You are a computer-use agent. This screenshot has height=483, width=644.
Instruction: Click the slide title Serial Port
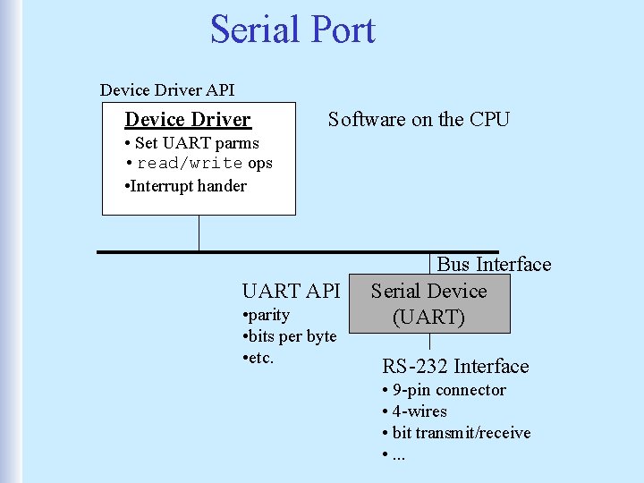[292, 30]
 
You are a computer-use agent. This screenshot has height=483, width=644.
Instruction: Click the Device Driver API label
[167, 89]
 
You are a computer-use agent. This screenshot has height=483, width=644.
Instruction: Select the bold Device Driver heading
[188, 120]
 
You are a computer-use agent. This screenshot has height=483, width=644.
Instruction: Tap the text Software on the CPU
[419, 119]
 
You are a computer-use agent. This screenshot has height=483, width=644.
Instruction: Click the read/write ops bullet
[199, 164]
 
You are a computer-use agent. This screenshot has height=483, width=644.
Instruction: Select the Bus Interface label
[494, 264]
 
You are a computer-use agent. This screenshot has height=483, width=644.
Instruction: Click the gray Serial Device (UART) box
[429, 304]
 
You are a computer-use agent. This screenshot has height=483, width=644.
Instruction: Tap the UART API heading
[291, 291]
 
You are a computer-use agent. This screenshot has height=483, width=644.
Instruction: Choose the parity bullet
[267, 315]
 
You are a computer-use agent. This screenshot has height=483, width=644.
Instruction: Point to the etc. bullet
[259, 358]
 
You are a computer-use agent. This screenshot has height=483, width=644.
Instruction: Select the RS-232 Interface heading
[455, 366]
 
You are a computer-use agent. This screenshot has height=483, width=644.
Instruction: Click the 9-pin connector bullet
[444, 390]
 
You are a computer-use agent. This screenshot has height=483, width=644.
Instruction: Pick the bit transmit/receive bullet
[456, 433]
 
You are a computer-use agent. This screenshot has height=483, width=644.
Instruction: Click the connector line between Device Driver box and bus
[199, 233]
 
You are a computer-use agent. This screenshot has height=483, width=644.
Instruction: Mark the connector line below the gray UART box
[429, 342]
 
